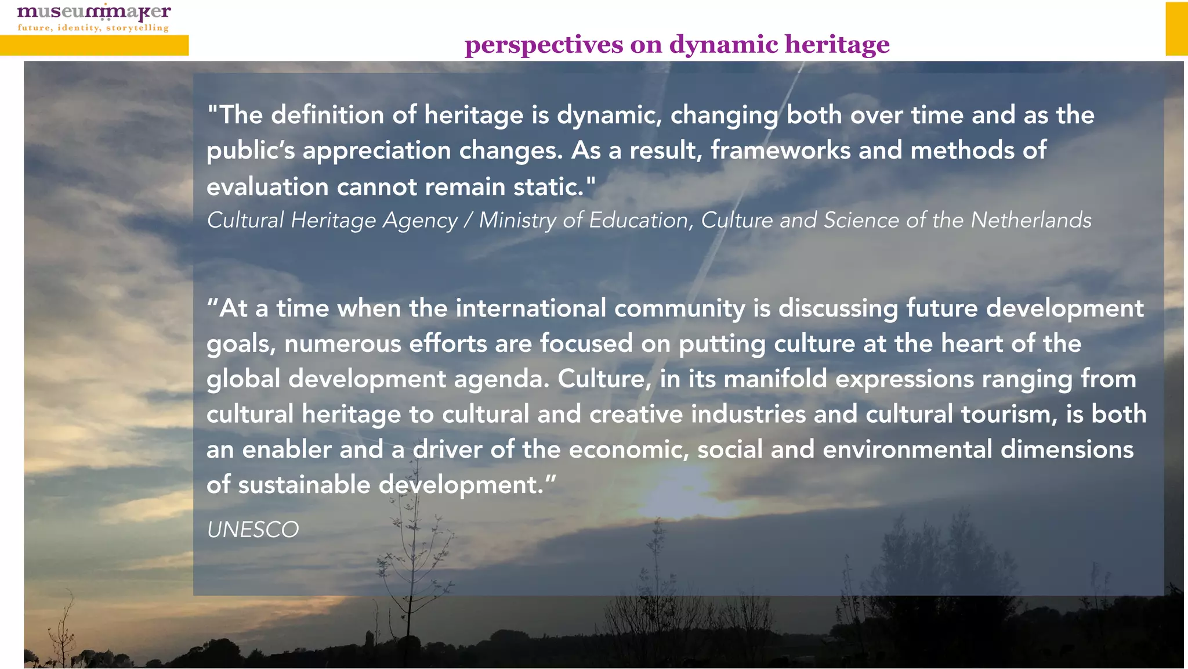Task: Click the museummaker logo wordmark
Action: [94, 12]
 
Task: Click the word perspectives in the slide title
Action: [544, 45]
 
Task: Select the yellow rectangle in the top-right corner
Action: [1176, 28]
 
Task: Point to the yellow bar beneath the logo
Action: [94, 45]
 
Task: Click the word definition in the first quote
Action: [327, 115]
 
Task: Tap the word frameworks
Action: [780, 150]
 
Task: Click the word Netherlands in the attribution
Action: [1031, 220]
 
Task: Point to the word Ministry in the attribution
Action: [517, 221]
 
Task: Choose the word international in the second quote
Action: [531, 308]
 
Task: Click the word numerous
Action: [342, 344]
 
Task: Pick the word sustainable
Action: [304, 485]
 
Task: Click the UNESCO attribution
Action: [253, 530]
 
